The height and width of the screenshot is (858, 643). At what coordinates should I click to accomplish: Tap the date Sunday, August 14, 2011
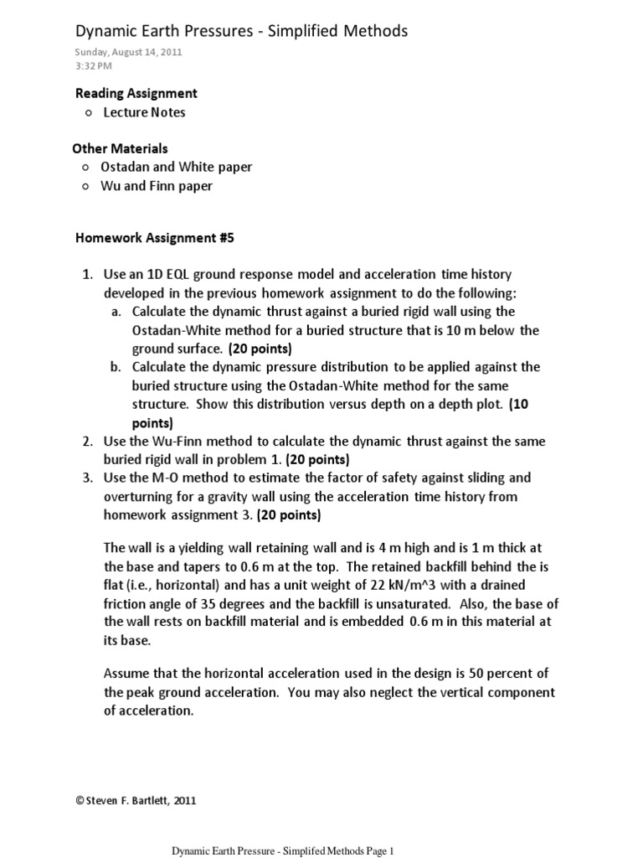pos(129,52)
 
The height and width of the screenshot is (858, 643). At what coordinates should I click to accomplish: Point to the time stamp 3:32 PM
pos(93,65)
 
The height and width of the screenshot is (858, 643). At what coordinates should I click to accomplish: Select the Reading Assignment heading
pos(136,93)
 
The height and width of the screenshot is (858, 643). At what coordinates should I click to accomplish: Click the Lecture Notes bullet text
pos(144,112)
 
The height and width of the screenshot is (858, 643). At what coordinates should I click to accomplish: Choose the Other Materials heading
pos(120,148)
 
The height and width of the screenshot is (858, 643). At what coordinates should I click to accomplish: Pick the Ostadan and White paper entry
pos(176,167)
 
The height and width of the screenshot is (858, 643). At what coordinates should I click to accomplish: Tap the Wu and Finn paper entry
pos(157,186)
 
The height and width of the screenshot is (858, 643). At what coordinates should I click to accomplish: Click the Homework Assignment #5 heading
pos(155,238)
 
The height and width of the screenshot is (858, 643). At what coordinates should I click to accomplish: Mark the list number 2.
pos(86,441)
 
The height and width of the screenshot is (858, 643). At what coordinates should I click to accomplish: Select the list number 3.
pos(86,478)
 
